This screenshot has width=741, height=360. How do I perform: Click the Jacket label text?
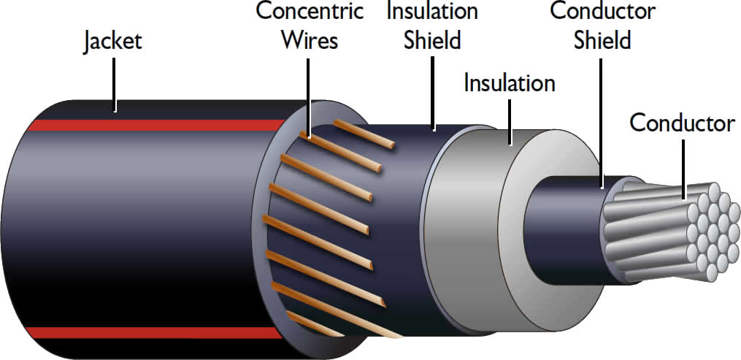pos(112,42)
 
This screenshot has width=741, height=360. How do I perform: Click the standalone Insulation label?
pos(510,83)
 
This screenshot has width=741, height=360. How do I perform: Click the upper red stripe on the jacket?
pos(146,125)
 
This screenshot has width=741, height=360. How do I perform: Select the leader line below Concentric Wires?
pos(308,95)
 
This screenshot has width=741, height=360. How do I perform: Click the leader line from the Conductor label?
pos(683,168)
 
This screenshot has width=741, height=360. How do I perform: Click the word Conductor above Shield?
pos(602,12)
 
